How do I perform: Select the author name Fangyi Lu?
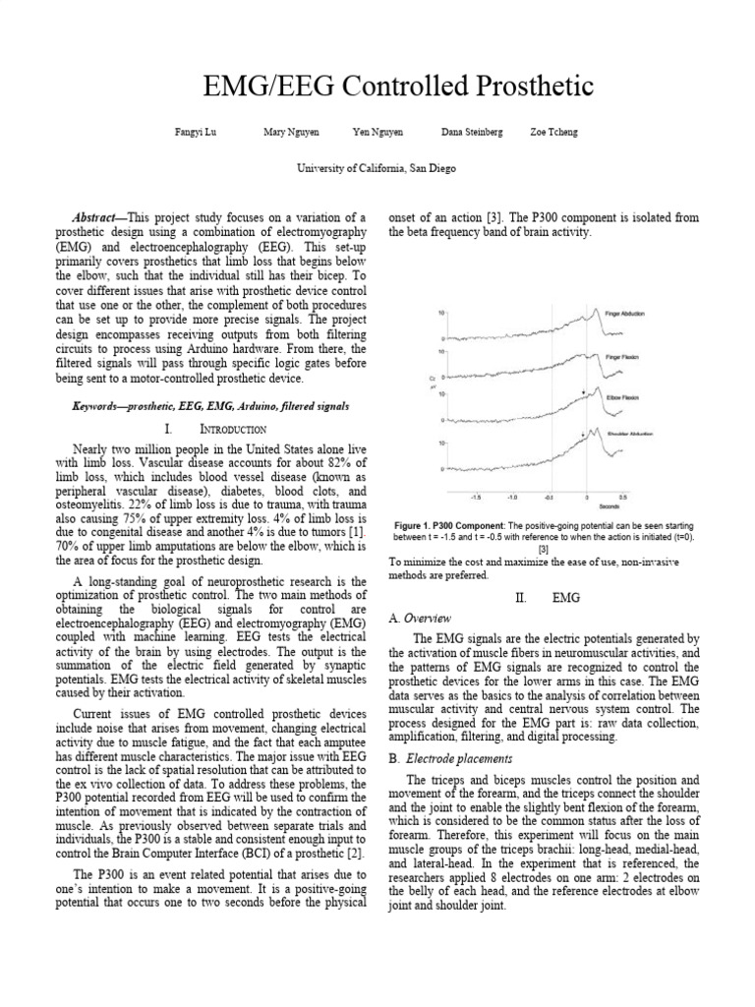(191, 133)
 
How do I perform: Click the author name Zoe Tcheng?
(553, 133)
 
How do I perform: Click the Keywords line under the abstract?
(209, 405)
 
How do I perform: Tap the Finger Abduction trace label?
(625, 313)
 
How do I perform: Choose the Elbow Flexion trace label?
(623, 397)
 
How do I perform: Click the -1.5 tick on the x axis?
(475, 498)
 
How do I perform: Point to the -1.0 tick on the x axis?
(512, 498)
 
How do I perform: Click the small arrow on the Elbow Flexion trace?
(585, 391)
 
